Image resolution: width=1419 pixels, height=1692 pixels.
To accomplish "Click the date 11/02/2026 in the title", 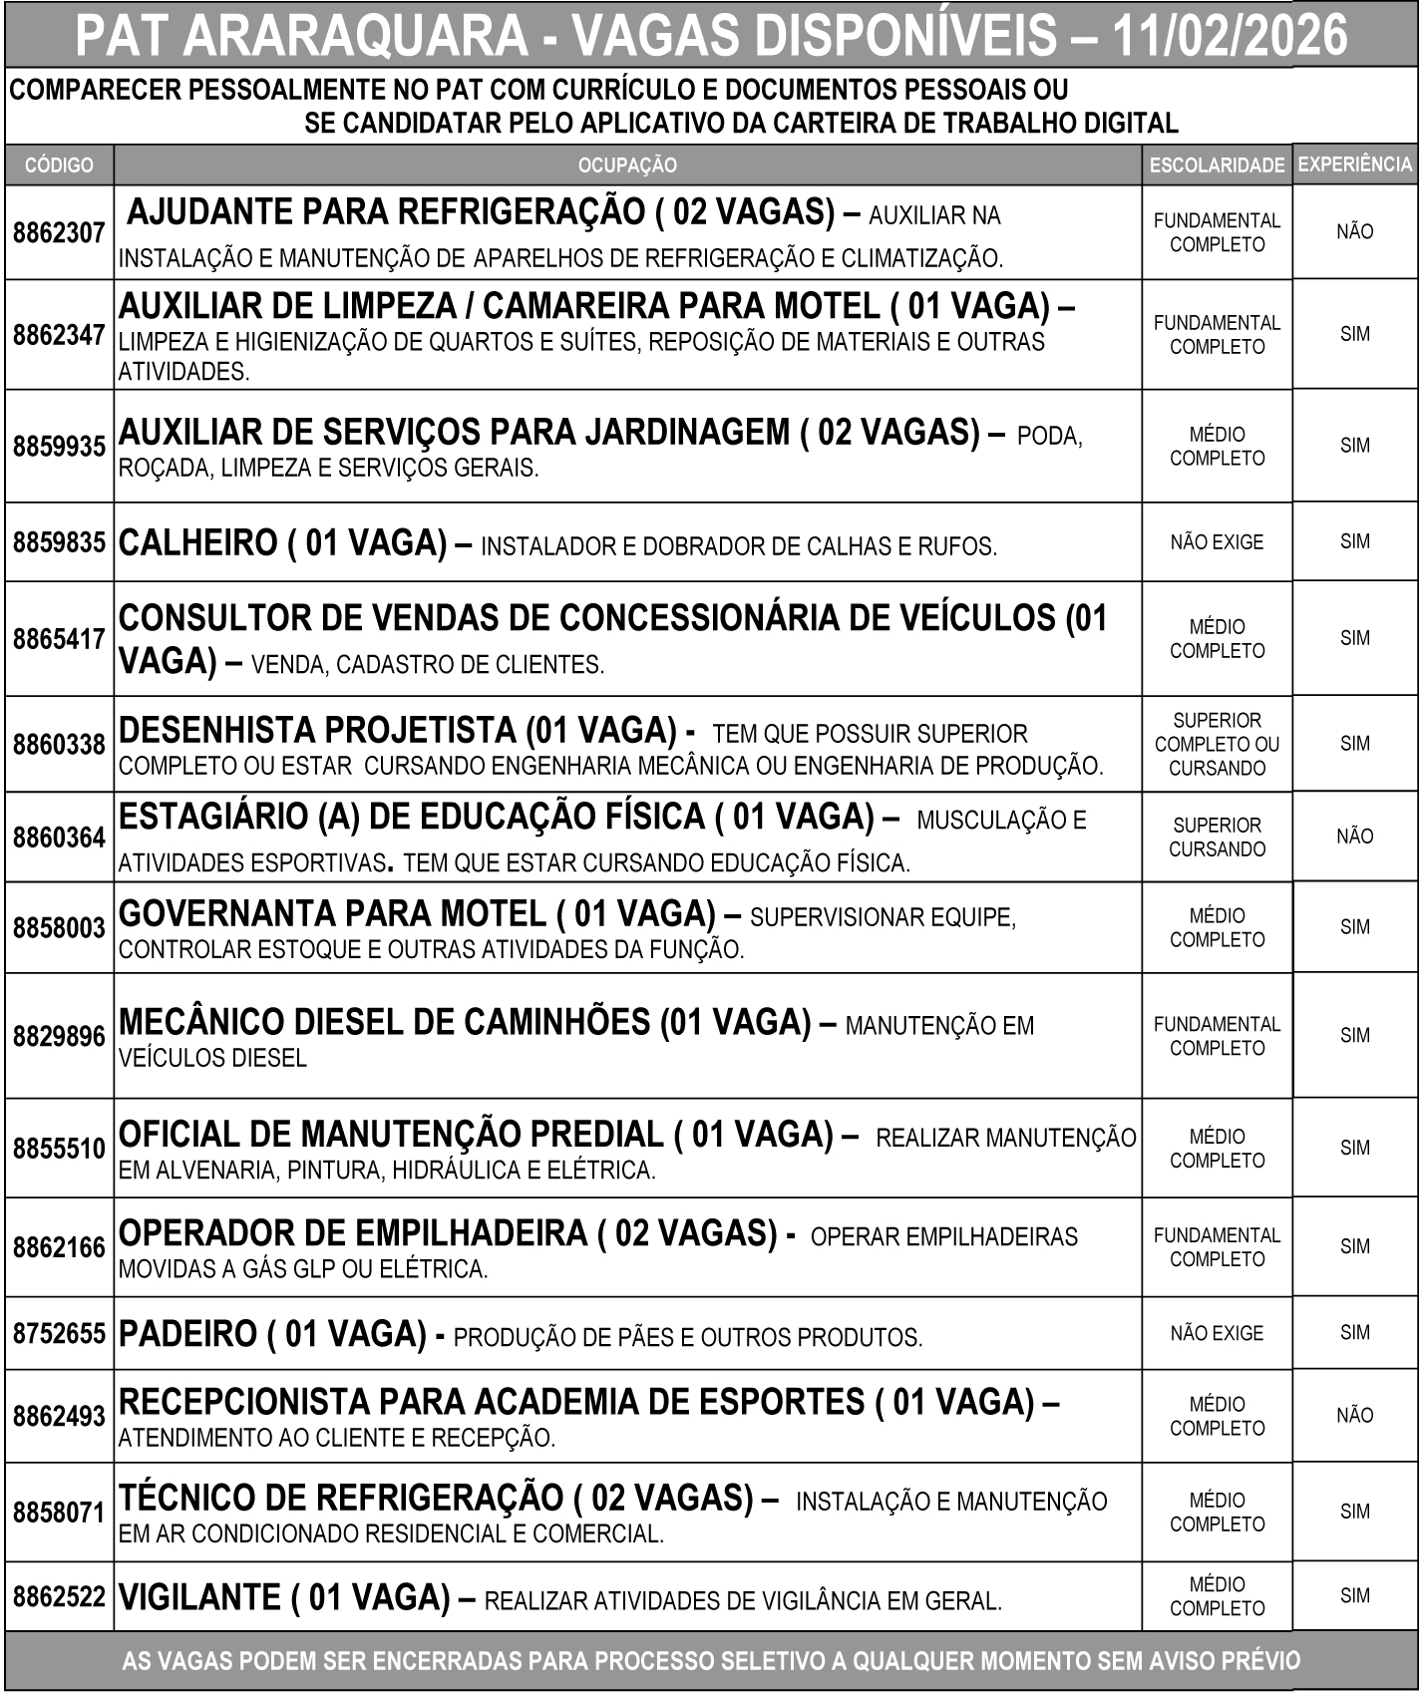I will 1229,35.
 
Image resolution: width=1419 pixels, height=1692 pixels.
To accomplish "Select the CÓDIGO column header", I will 59,166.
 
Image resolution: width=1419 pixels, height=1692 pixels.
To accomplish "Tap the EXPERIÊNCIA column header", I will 1355,165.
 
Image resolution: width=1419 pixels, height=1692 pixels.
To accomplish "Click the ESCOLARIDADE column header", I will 1217,166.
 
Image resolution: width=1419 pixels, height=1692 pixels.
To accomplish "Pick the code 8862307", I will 59,233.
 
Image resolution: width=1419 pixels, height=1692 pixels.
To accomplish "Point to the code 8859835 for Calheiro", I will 59,543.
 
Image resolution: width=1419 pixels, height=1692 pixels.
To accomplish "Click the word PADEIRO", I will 188,1334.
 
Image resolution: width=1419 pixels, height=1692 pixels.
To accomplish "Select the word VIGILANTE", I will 199,1597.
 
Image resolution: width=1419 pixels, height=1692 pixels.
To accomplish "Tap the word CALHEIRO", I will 197,543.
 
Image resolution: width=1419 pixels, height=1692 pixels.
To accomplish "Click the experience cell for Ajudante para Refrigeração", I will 1354,232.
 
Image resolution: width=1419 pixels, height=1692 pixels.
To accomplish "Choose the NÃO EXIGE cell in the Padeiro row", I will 1217,1334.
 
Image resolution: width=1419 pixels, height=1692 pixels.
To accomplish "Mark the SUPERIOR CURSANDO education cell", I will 1217,838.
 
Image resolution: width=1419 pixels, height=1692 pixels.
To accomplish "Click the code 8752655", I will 59,1334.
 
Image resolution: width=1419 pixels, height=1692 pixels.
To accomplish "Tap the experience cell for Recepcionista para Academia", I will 1354,1415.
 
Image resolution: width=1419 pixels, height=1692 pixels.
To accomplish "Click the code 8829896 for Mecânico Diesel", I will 59,1037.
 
